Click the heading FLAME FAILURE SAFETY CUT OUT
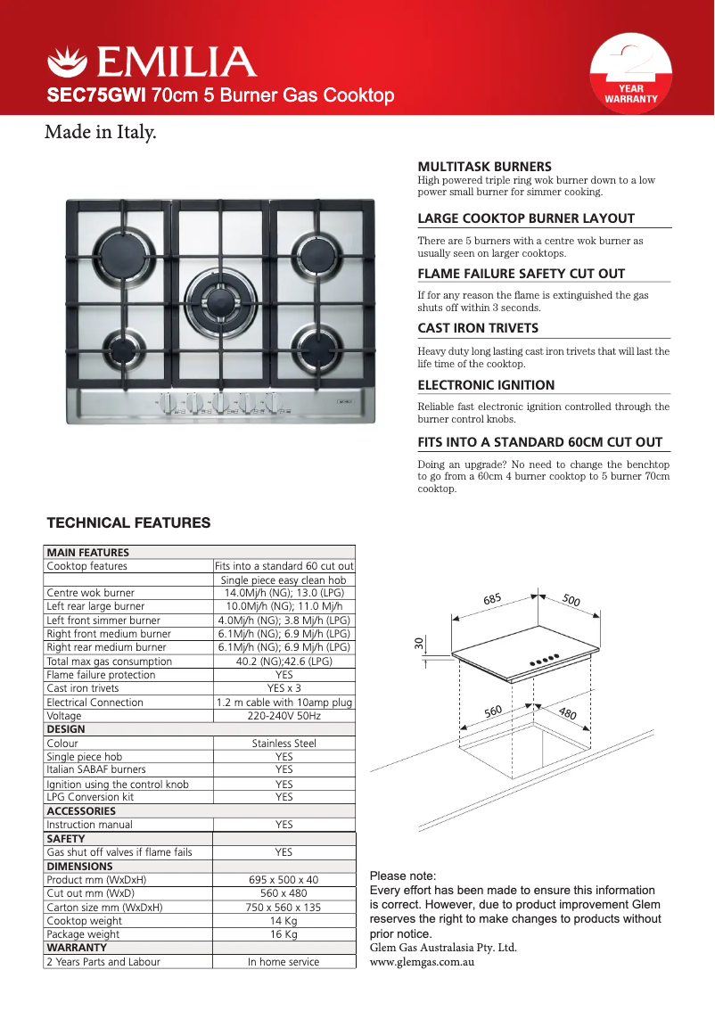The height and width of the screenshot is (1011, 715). (521, 274)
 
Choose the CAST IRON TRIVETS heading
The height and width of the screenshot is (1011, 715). (478, 328)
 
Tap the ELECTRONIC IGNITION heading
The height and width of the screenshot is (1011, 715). (486, 385)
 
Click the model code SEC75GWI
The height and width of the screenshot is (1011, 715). (97, 95)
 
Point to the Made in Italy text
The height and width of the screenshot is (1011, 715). (101, 134)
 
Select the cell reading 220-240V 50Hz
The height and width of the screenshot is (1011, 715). (284, 716)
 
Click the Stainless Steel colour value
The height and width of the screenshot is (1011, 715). (284, 743)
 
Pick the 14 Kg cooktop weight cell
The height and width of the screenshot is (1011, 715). (284, 921)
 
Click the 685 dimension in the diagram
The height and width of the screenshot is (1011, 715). (493, 600)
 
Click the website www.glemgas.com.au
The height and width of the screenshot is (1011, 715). (421, 962)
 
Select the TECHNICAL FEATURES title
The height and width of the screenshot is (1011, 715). (127, 523)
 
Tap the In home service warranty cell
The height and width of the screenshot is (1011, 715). (284, 962)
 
